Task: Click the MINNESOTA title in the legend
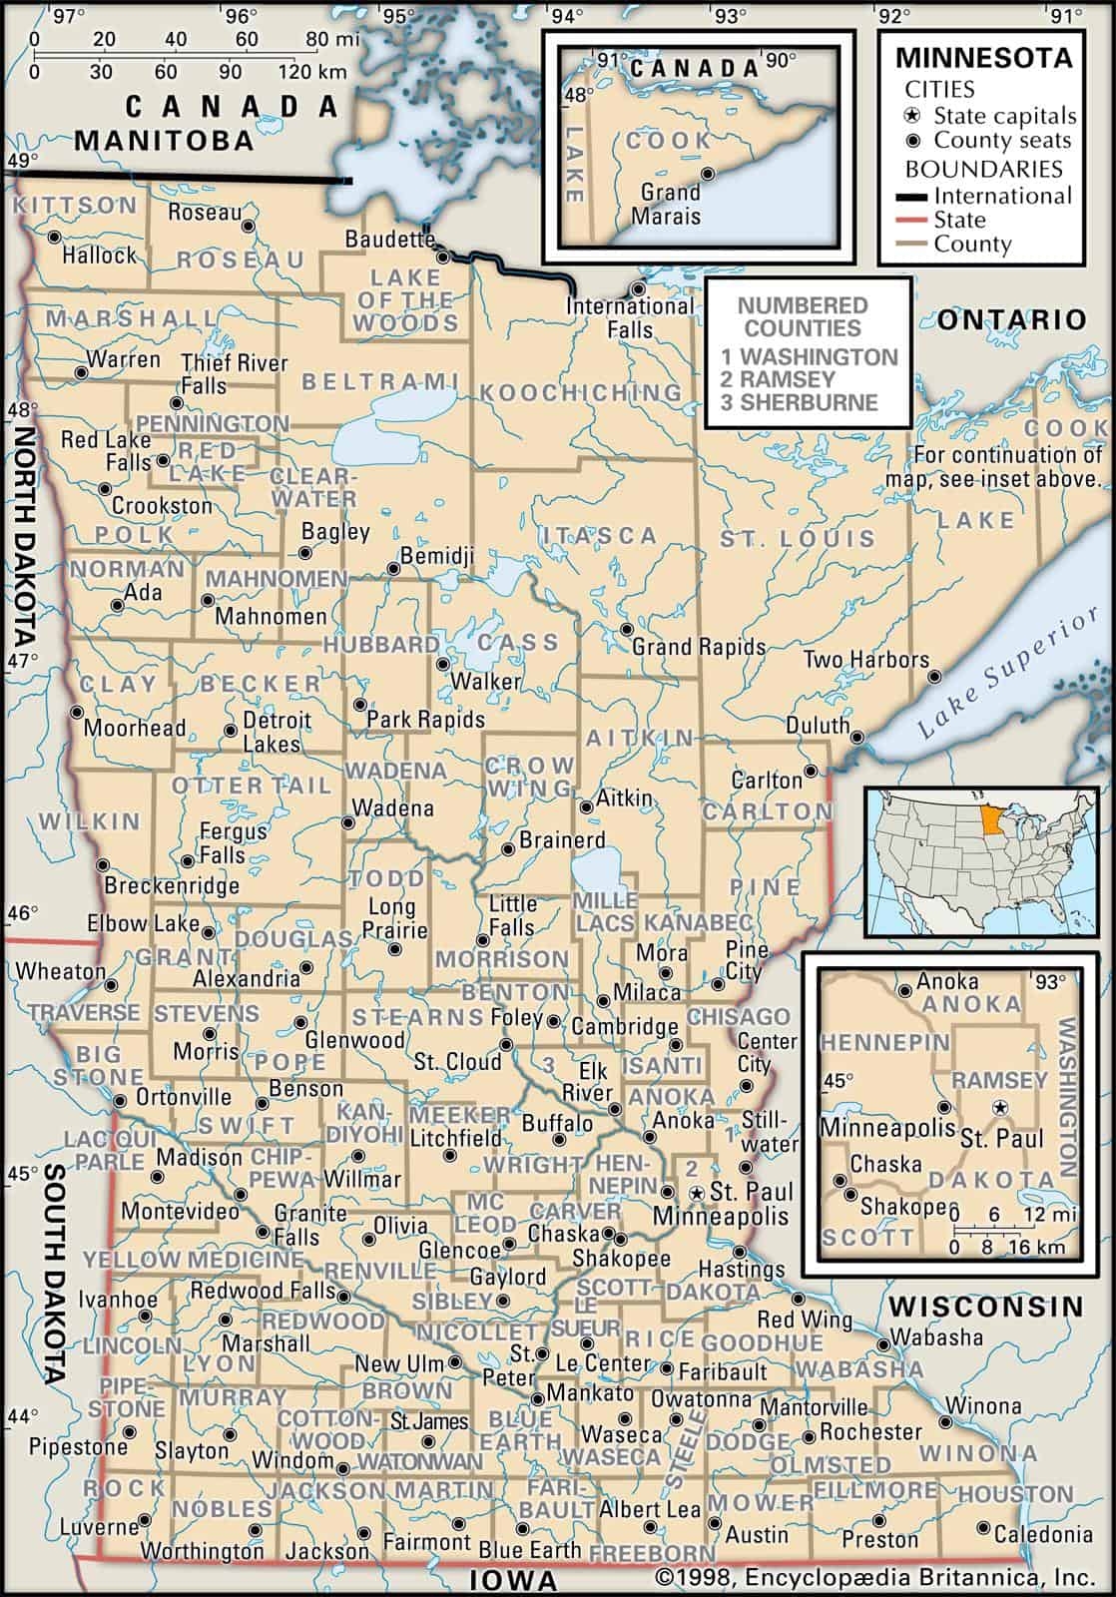point(983,57)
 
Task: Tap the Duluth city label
point(818,725)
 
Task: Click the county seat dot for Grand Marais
point(708,174)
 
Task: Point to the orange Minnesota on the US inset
point(994,823)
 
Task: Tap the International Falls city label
point(629,317)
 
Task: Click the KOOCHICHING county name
point(581,392)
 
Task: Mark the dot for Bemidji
point(393,569)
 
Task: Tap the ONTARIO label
point(1011,319)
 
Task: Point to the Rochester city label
point(870,1431)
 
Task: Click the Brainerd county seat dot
point(507,849)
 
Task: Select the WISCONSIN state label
point(985,1306)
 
